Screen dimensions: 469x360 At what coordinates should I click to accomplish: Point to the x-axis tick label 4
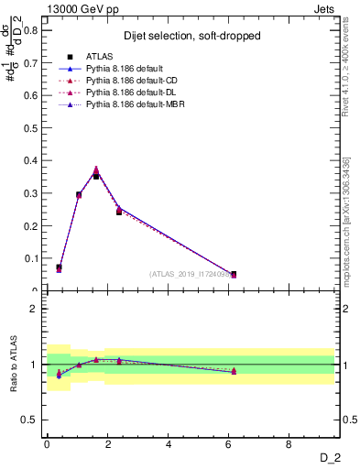click(169, 444)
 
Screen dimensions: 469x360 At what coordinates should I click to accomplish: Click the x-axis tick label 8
click(289, 444)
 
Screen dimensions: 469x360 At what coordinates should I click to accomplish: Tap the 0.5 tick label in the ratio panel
click(30, 420)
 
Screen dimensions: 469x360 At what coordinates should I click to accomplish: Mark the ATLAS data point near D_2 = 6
click(234, 274)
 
